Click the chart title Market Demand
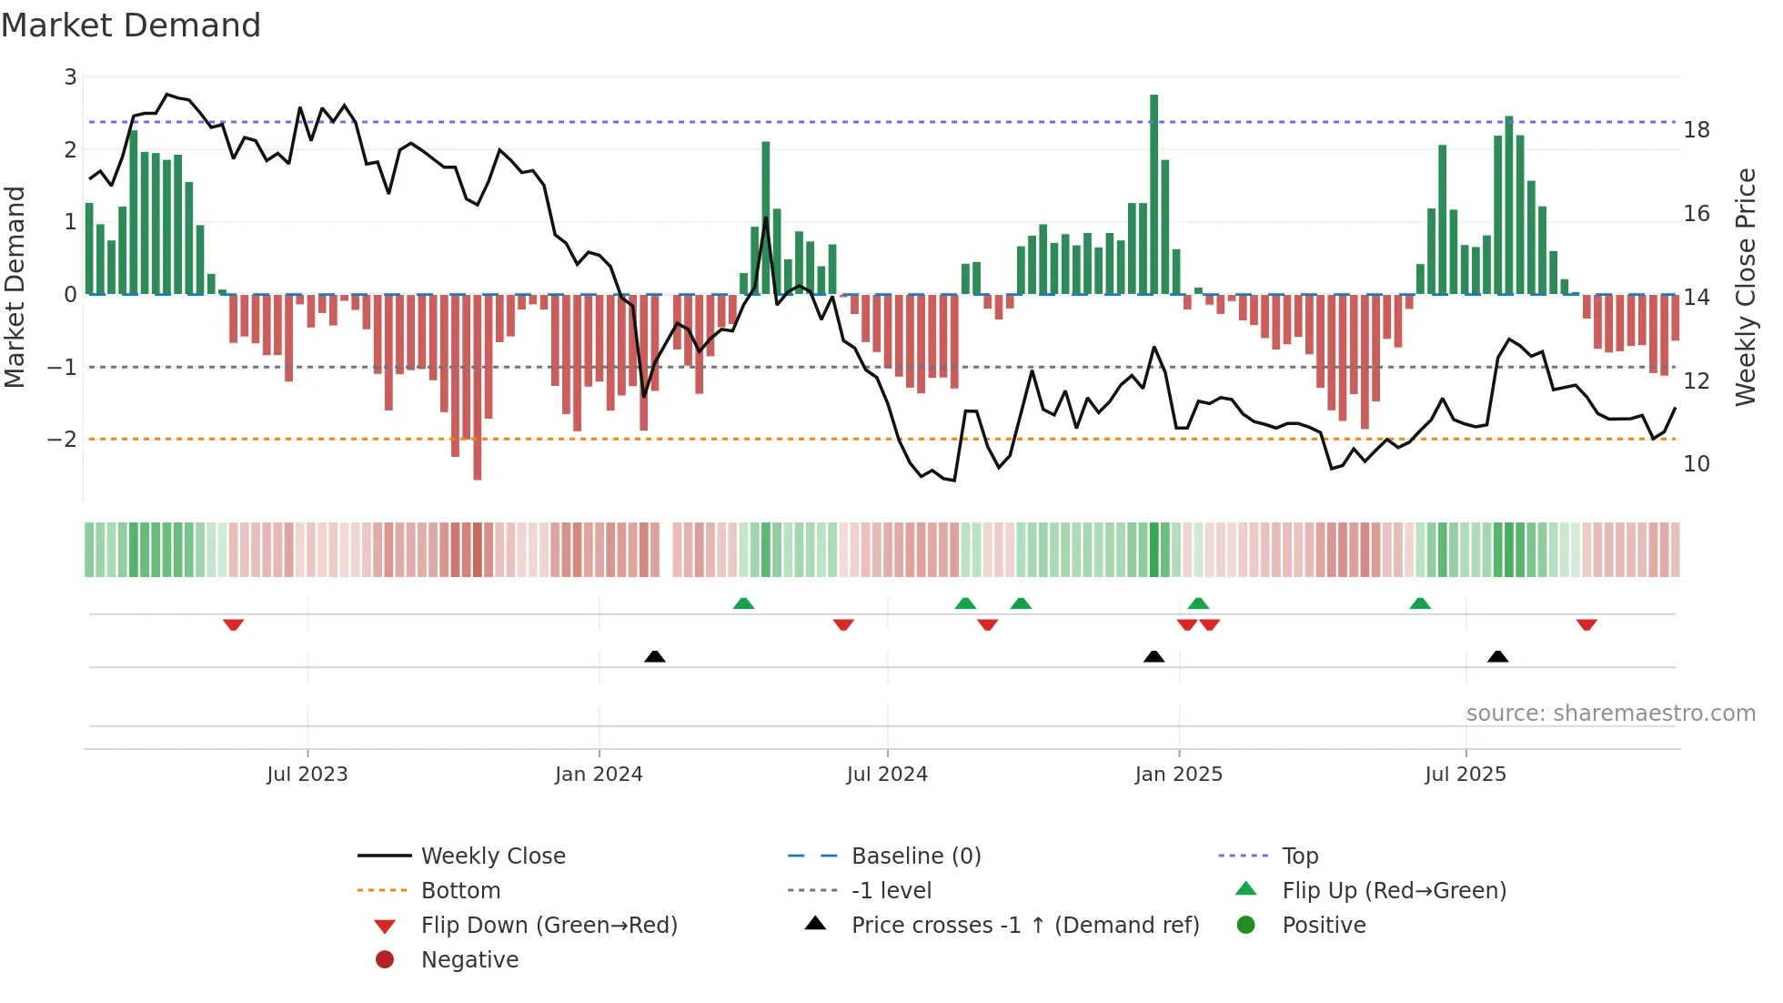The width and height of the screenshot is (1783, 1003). pyautogui.click(x=131, y=25)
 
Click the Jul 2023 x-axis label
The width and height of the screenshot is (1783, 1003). pyautogui.click(x=307, y=775)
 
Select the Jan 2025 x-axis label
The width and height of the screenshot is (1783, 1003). pyautogui.click(x=1178, y=775)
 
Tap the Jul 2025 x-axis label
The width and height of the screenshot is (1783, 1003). pyautogui.click(x=1465, y=775)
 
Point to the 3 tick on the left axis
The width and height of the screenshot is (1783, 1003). pyautogui.click(x=70, y=77)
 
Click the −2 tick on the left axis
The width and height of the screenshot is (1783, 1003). pyautogui.click(x=63, y=440)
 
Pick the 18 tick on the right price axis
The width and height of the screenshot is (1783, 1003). pyautogui.click(x=1696, y=130)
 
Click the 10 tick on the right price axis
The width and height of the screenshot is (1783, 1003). pyautogui.click(x=1696, y=464)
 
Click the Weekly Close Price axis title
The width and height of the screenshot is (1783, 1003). pyautogui.click(x=1745, y=287)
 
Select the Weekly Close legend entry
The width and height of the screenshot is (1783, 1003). pyautogui.click(x=492, y=856)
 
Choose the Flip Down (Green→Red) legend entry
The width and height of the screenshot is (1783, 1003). pyautogui.click(x=549, y=926)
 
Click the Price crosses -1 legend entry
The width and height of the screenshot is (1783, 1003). pyautogui.click(x=1024, y=926)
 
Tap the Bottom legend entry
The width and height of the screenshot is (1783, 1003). pyautogui.click(x=460, y=891)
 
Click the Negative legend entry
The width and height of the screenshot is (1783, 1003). pyautogui.click(x=469, y=960)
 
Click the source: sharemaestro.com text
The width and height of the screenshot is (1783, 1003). pyautogui.click(x=1610, y=714)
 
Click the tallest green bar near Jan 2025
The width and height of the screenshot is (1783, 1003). pyautogui.click(x=1153, y=191)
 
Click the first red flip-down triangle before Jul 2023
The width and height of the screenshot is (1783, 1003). pyautogui.click(x=233, y=624)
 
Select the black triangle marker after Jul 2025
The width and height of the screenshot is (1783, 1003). pyautogui.click(x=1497, y=656)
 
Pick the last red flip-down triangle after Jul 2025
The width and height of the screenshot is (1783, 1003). pyautogui.click(x=1587, y=624)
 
